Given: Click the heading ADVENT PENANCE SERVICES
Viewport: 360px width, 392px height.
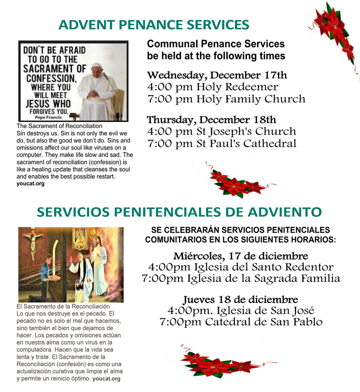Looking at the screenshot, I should [153, 25].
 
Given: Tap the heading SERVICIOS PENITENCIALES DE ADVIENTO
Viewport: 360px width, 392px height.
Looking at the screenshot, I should [179, 212].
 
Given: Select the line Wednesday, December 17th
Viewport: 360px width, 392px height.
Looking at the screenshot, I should [217, 75].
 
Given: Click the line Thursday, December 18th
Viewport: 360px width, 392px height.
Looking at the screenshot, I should [211, 120].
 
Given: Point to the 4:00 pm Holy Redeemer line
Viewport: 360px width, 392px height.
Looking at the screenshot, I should [213, 87].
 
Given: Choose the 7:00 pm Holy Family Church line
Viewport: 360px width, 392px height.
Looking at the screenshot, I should [226, 99].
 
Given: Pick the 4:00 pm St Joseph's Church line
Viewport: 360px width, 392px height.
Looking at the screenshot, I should [222, 132].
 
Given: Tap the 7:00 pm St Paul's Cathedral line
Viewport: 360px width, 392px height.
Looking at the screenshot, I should [222, 144].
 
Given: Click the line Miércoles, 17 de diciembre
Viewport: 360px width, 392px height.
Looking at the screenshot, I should [241, 256].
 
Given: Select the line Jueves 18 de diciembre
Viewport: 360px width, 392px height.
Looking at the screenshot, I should [241, 299].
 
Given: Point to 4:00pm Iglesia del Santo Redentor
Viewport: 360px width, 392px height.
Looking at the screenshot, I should [241, 267].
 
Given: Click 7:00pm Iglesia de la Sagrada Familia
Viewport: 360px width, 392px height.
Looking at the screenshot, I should [241, 279].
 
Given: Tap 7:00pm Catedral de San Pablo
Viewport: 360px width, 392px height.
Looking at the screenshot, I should [241, 322].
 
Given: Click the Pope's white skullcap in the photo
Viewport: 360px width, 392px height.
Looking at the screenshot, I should [96, 66].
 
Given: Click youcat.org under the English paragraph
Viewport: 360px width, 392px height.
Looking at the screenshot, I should [31, 184].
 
